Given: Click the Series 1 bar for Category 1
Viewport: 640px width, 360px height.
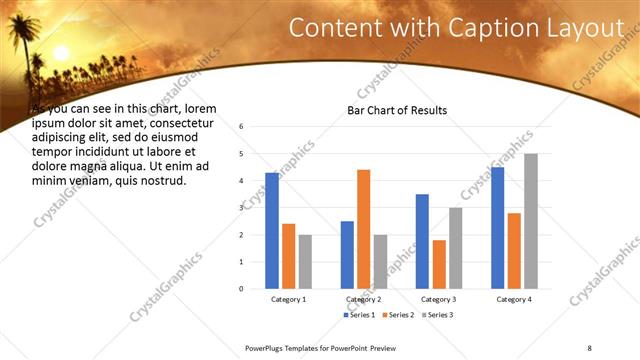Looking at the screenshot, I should coord(272,231).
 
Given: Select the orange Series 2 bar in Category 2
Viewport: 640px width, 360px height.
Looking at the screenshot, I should coord(363,229).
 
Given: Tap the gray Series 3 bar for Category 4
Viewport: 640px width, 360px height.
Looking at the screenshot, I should coord(530,221).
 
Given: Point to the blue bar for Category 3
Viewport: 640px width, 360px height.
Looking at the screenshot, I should coord(422,241).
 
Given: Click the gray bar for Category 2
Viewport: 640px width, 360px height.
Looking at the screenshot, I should coord(380,261).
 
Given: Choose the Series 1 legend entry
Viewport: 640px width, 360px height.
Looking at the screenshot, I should coord(359,315).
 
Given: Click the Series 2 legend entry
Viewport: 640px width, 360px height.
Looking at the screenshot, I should coord(397,315).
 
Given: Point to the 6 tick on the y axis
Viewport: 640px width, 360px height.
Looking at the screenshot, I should coord(240,127).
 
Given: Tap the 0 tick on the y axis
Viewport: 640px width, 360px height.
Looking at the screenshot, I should coord(240,288).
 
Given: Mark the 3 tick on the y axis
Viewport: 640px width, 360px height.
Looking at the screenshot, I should coord(240,208).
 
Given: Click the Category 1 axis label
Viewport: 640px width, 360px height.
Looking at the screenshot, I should coord(289,299).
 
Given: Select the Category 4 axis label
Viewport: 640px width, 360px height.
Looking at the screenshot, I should coord(513,299).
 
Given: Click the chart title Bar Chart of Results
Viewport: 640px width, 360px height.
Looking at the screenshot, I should coord(397,110).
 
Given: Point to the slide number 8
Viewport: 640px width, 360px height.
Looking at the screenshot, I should coord(590,347).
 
